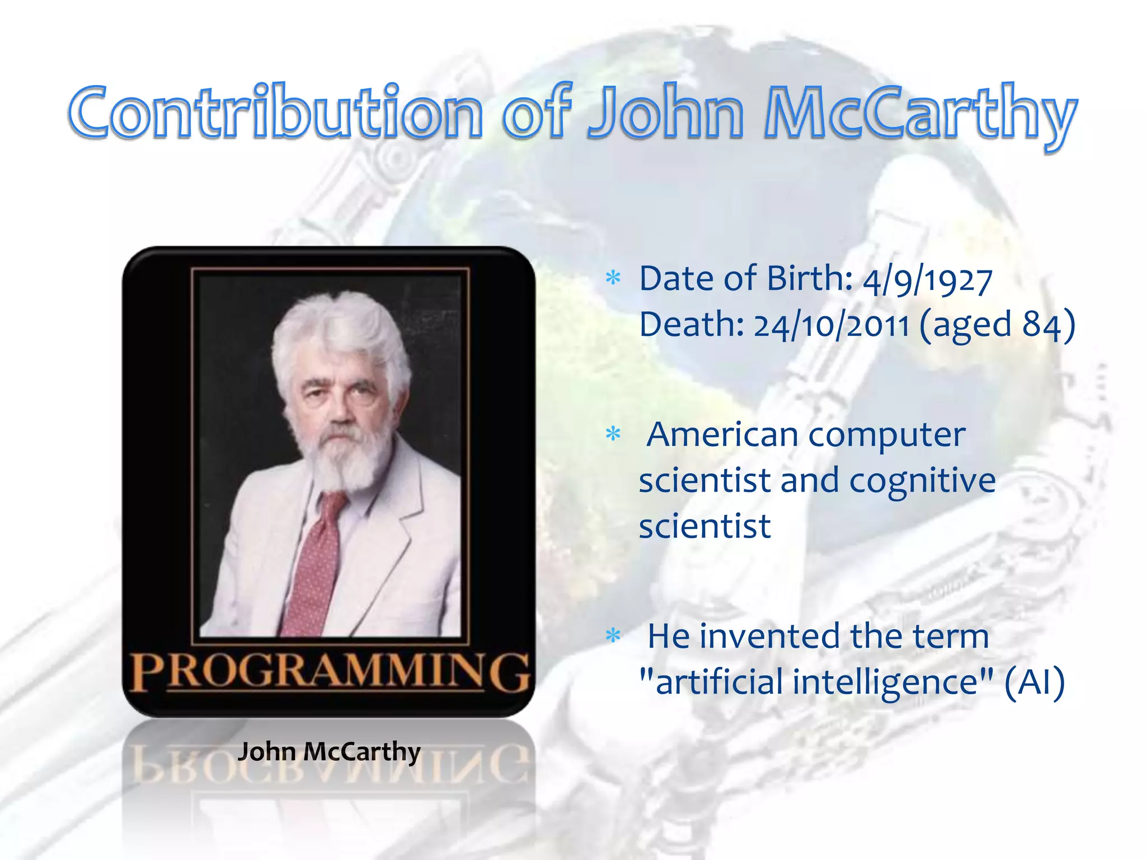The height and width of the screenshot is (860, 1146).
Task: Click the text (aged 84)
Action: click(x=997, y=325)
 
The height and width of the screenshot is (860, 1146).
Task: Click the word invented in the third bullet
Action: click(x=770, y=637)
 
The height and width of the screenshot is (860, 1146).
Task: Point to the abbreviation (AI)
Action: click(x=1034, y=683)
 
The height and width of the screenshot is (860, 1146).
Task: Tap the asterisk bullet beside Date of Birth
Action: click(x=614, y=278)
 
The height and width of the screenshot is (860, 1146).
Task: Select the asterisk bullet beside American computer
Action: click(x=614, y=434)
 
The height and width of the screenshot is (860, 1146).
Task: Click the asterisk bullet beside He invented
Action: click(x=614, y=635)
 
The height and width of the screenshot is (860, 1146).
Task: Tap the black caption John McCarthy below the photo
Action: click(x=329, y=751)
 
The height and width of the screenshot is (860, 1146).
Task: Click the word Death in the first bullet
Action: click(x=691, y=325)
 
